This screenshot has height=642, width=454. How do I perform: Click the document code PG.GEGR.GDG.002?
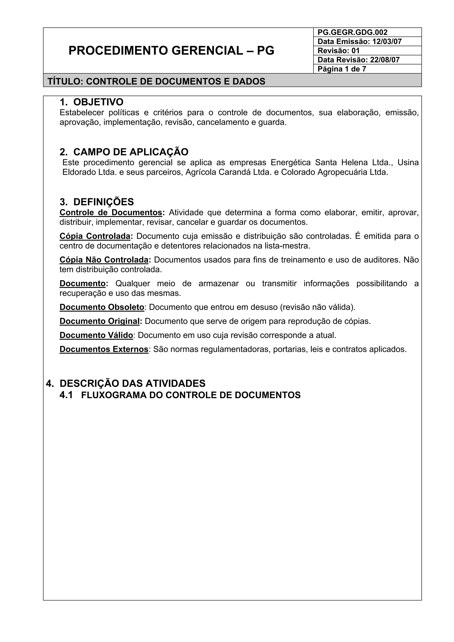pos(352,32)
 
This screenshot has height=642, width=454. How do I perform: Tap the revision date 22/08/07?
pos(385,60)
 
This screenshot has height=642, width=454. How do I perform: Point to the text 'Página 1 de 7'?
pos(342,69)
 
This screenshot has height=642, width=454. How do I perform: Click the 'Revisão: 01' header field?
pos(338,51)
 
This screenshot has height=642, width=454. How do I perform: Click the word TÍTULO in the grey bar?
pos(64,81)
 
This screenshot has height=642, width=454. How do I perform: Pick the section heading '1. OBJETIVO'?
pos(92,102)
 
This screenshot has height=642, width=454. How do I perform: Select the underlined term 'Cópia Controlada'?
pos(95,236)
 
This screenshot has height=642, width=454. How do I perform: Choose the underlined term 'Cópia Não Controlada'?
pos(104,260)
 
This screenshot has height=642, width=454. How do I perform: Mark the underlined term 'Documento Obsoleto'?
pos(102,307)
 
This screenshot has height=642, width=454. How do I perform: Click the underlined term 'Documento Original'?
pos(100,321)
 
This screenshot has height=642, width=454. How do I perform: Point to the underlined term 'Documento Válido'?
pos(96,335)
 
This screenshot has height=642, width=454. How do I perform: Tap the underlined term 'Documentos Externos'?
pos(104,349)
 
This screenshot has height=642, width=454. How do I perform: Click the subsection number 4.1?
pos(66,395)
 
